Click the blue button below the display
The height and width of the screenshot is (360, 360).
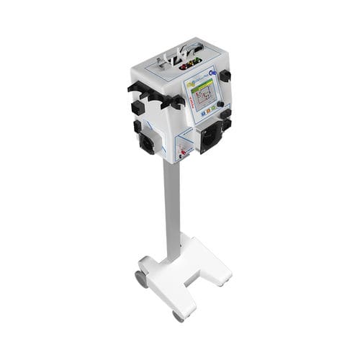tap(203, 113)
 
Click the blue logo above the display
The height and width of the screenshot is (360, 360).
tap(213, 72)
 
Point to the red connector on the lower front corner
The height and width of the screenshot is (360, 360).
tap(183, 152)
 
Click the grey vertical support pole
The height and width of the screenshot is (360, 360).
tap(171, 209)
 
